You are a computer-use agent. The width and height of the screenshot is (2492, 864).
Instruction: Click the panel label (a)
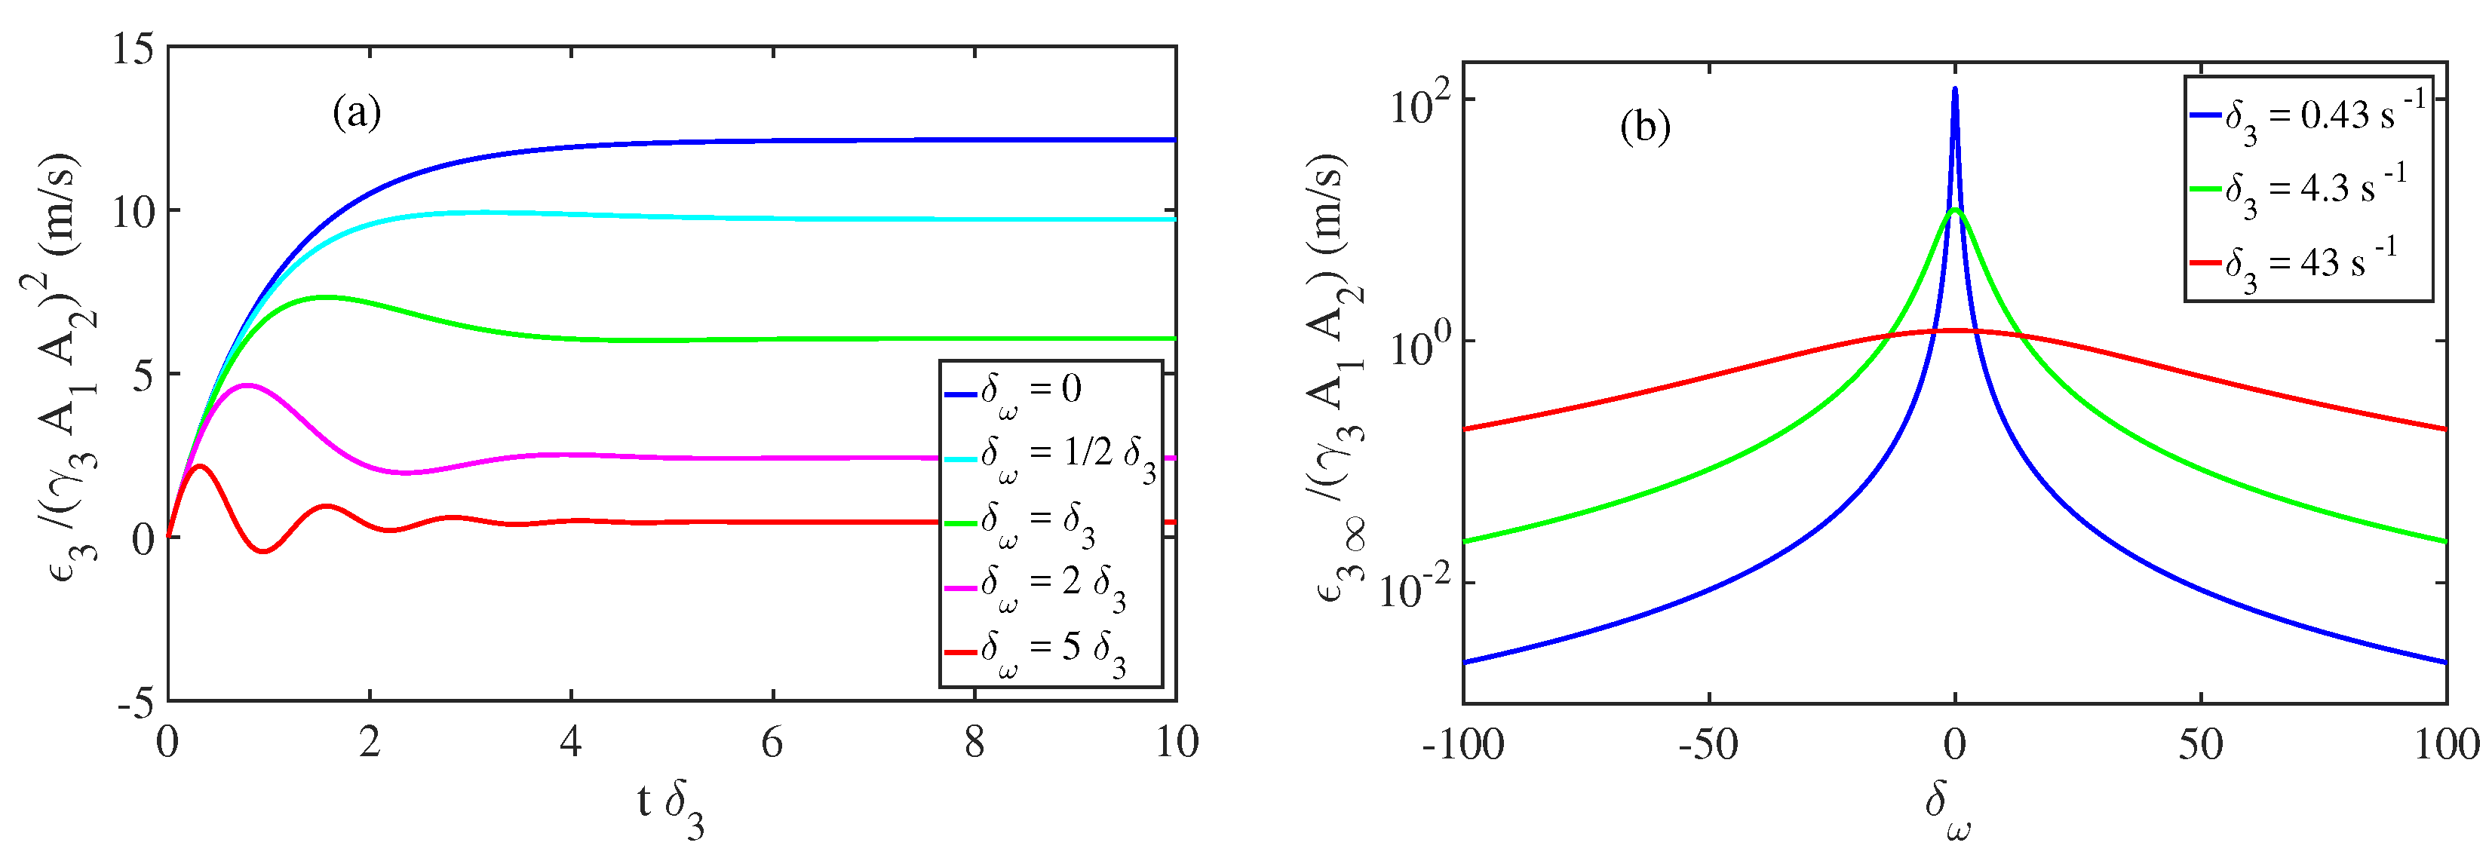coord(357,114)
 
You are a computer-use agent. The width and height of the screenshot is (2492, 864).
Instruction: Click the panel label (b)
coord(1644,127)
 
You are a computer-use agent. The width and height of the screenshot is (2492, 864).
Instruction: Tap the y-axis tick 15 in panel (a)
coord(133,48)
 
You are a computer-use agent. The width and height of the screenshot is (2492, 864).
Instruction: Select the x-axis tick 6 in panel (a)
coord(772,743)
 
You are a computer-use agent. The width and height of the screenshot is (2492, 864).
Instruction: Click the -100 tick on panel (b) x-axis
coord(1462,745)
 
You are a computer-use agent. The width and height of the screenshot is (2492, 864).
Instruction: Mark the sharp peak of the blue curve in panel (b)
coord(1955,90)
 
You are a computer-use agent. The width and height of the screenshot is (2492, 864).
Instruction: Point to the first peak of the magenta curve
coord(249,385)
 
